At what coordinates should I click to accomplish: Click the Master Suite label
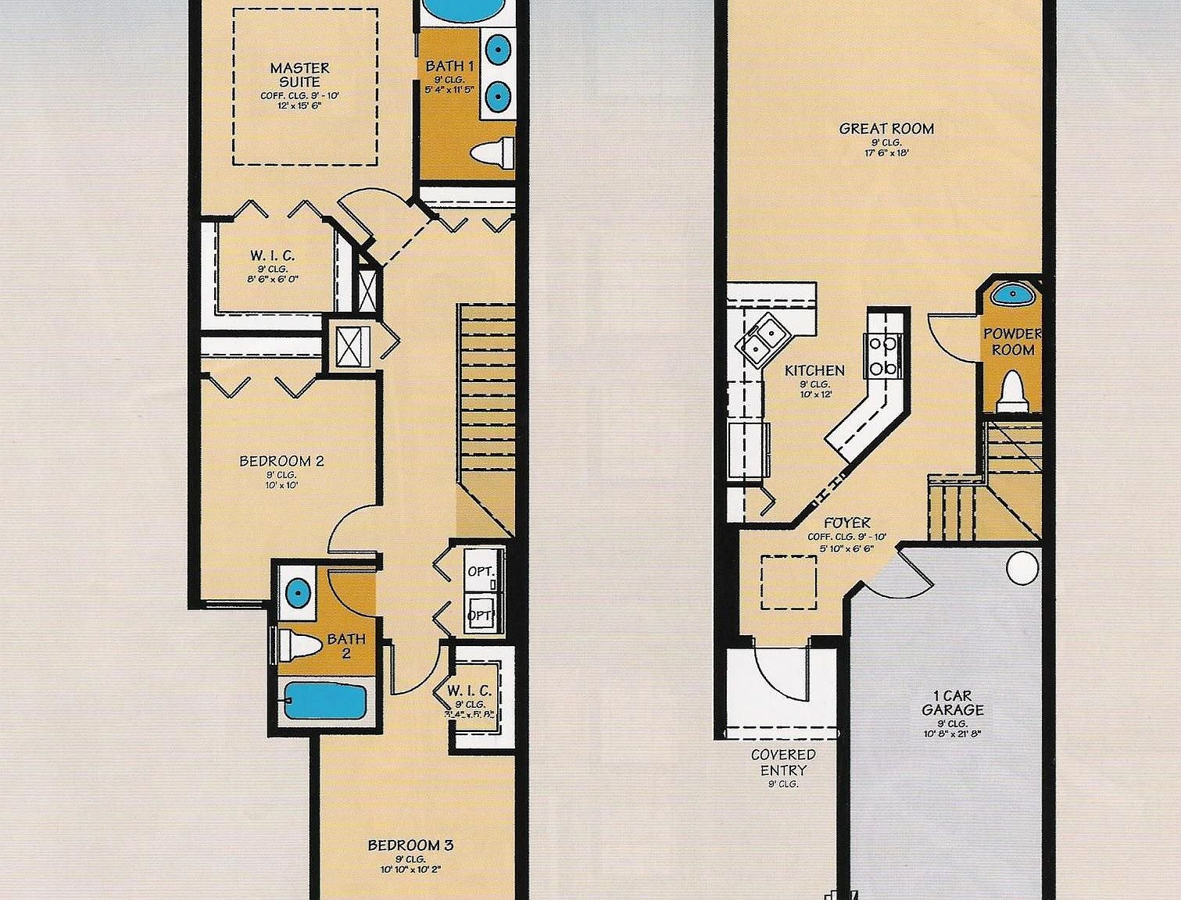[299, 75]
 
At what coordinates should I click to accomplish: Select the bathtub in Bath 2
[324, 701]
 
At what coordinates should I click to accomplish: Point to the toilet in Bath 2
[300, 645]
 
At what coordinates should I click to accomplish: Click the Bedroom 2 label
[281, 461]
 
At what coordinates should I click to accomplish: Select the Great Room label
[886, 129]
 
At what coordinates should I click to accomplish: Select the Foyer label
[846, 523]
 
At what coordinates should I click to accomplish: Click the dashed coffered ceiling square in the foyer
[789, 582]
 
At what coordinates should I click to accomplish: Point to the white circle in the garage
[1022, 568]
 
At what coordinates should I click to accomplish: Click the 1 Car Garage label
[952, 702]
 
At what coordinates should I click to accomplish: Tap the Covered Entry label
[783, 762]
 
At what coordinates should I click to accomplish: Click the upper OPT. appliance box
[482, 571]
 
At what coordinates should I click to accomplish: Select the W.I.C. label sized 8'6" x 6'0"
[273, 255]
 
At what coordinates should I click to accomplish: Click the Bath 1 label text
[449, 66]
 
